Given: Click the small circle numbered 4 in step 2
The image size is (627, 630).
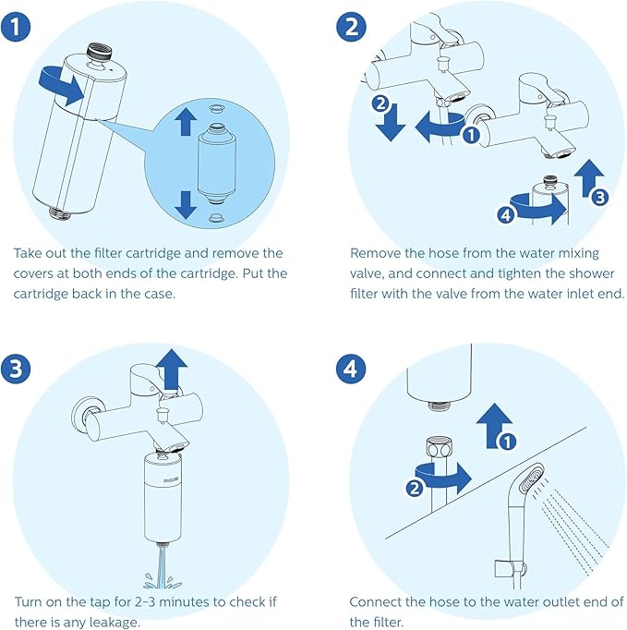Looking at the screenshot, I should tap(503, 215).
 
